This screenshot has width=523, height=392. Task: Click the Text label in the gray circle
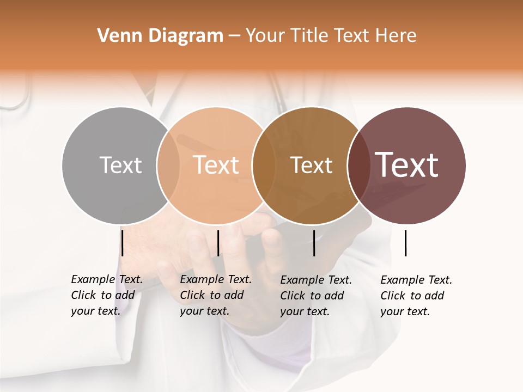click(x=120, y=165)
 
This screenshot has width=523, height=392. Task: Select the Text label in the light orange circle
click(x=216, y=165)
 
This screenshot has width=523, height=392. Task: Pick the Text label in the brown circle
click(x=311, y=165)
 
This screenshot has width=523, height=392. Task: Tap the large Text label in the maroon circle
click(x=407, y=165)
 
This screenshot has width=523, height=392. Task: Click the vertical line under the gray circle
click(x=123, y=243)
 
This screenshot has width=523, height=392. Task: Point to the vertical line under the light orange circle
click(x=218, y=243)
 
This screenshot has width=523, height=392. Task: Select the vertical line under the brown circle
click(x=314, y=243)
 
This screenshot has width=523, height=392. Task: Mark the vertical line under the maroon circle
click(x=406, y=243)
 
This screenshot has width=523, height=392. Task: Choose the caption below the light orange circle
click(x=216, y=295)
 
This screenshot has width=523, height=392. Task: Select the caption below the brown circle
click(x=316, y=296)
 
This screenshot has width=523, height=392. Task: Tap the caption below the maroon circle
click(x=416, y=296)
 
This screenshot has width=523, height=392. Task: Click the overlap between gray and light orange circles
click(x=168, y=165)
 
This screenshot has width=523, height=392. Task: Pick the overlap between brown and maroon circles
click(x=357, y=165)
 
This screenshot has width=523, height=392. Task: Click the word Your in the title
click(x=265, y=36)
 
